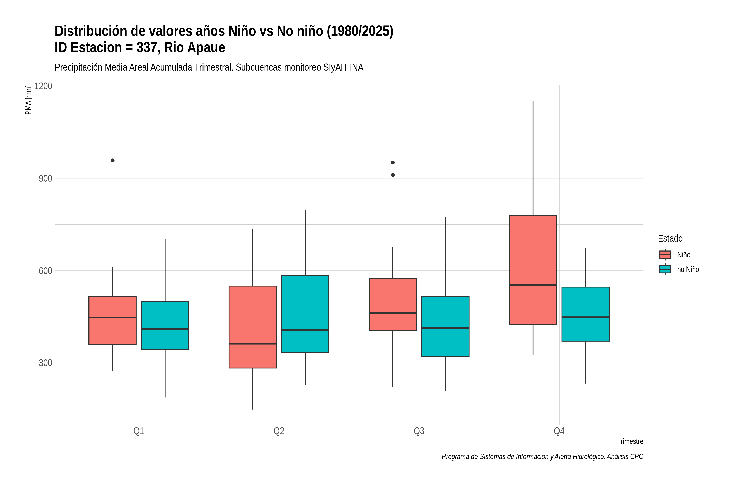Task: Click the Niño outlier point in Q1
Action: click(113, 160)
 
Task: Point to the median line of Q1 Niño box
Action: click(113, 317)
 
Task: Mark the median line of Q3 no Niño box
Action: click(445, 328)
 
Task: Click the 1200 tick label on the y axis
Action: click(43, 86)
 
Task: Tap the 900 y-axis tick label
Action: click(45, 178)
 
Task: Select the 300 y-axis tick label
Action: click(45, 363)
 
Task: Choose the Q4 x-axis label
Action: click(559, 431)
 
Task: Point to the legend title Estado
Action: click(670, 238)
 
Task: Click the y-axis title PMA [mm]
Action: click(28, 100)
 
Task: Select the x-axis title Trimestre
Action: click(630, 441)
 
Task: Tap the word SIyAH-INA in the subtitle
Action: click(343, 67)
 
